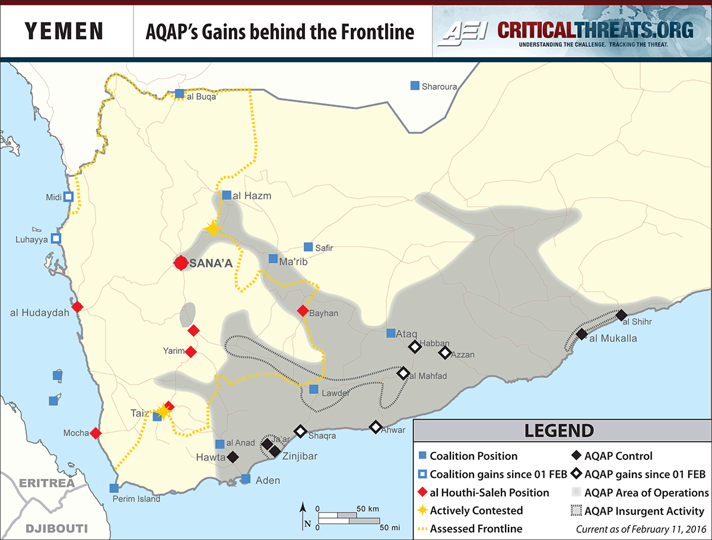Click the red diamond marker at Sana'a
(181, 263)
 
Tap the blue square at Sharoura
(415, 85)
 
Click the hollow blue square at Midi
(69, 196)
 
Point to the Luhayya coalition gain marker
(56, 239)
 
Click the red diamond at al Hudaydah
(77, 307)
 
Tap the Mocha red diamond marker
(96, 434)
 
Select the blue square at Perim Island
(114, 488)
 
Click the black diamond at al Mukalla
(582, 334)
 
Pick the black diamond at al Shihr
(621, 315)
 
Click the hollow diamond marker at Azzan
(445, 353)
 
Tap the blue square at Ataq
(391, 333)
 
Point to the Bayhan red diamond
(303, 311)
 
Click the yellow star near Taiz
(163, 411)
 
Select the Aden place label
(267, 480)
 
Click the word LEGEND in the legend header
(558, 431)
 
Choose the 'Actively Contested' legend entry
(476, 510)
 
